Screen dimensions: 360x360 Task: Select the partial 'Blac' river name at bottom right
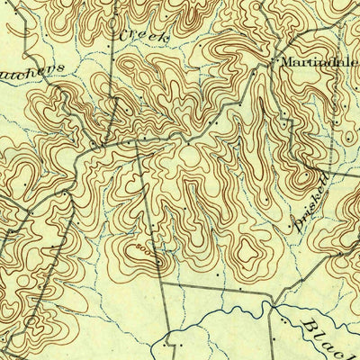(324, 335)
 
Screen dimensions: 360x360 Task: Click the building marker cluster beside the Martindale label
(272, 64)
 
